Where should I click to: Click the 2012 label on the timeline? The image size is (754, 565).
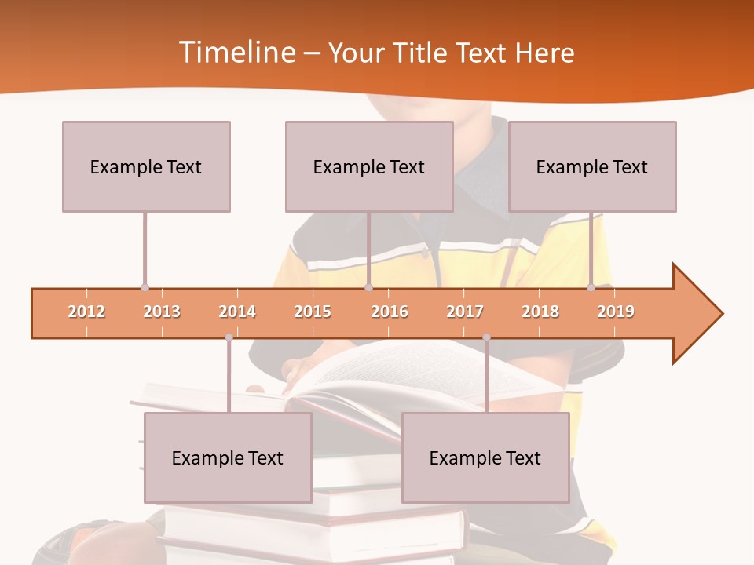point(86,312)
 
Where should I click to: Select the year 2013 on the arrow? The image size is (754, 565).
point(162,312)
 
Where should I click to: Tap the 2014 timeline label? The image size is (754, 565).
point(237,312)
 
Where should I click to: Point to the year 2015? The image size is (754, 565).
point(313,312)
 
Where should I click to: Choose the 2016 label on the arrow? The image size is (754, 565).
point(390,312)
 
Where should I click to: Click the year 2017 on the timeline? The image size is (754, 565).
point(465,312)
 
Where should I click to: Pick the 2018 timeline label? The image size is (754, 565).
point(540,312)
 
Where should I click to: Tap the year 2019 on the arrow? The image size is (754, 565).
point(616,312)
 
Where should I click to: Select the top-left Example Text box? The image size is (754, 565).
point(146,166)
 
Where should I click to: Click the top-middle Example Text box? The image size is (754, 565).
point(369,166)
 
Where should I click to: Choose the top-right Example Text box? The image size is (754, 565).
point(592,166)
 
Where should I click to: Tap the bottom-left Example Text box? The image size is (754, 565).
point(228,458)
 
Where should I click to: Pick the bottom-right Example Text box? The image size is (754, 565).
point(485,458)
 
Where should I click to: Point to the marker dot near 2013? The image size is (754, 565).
point(145,287)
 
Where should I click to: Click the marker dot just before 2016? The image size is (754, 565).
point(368,287)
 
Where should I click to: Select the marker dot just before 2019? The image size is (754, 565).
point(591,287)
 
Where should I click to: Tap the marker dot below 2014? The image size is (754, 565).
point(229,337)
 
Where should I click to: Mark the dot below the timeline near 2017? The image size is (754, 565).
point(486,337)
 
